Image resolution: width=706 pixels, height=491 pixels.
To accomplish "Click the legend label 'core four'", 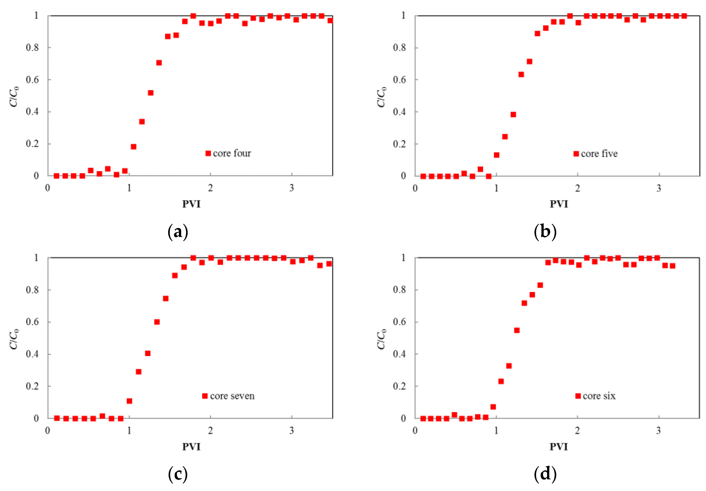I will click(232, 153).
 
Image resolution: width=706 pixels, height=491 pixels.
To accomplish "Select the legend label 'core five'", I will click(599, 153).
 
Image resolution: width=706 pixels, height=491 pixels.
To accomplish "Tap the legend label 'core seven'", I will click(232, 396).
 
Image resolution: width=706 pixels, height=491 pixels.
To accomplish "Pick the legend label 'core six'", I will click(599, 396).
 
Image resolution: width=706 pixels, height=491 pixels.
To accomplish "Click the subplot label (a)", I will click(178, 232).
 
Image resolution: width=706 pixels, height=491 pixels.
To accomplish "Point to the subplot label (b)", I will click(545, 232).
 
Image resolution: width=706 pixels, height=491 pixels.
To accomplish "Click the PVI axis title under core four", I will click(191, 204).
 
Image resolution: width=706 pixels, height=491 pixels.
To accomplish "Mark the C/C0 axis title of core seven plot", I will click(14, 339).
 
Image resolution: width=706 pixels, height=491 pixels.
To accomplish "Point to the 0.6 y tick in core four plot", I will click(32, 80).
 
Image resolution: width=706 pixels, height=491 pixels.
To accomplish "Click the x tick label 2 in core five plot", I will click(578, 188).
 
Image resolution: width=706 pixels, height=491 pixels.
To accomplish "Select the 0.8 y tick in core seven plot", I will click(32, 290).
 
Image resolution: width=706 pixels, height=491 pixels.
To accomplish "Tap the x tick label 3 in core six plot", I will click(658, 430).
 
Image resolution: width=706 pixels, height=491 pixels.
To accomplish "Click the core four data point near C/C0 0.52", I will click(151, 93).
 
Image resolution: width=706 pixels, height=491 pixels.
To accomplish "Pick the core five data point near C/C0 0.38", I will click(513, 114).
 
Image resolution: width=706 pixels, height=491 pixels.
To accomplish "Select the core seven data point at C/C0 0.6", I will click(157, 322).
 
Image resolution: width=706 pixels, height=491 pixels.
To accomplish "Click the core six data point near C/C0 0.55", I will click(517, 330).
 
